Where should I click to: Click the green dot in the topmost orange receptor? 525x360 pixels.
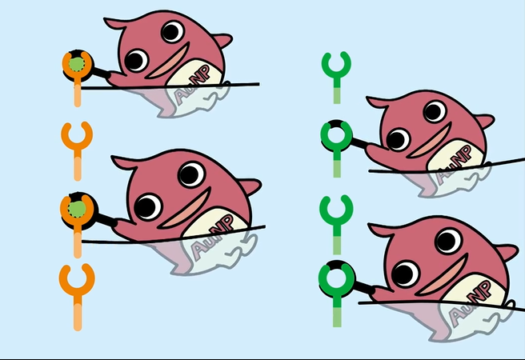tap(77, 64)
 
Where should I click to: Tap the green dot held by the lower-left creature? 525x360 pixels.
tap(77, 209)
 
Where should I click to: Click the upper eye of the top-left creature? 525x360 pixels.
tap(172, 31)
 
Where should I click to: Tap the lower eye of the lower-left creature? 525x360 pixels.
tap(147, 206)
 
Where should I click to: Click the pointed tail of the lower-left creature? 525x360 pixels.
tap(250, 186)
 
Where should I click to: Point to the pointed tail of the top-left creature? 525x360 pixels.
tap(222, 40)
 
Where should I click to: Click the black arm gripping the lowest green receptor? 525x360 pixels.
tap(363, 286)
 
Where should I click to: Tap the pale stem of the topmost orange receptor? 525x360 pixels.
tap(78, 95)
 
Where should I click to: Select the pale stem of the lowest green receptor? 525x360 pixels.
tap(337, 317)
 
